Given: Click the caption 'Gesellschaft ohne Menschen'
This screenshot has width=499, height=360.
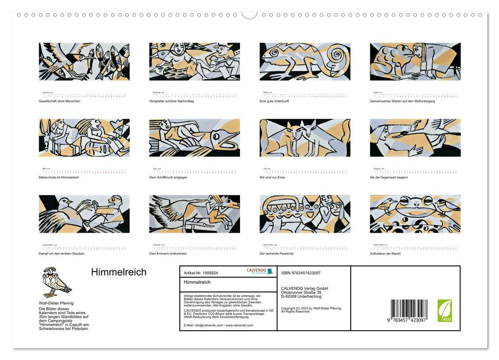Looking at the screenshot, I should click(60, 101).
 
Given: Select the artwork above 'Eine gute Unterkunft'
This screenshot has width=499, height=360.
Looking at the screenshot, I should click(305, 62).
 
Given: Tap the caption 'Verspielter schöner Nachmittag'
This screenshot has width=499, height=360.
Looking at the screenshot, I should click(171, 101).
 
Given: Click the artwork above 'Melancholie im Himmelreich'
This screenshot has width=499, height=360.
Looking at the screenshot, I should click(84, 138).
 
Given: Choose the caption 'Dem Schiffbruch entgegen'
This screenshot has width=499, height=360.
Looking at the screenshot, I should click(168, 177).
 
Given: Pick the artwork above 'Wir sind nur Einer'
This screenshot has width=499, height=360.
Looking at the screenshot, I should click(305, 138).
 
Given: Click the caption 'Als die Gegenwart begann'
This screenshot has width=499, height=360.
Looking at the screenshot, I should click(389, 177).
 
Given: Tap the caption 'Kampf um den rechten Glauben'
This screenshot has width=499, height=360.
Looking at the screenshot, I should click(62, 254).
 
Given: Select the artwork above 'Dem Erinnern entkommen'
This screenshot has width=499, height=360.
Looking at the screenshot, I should click(194, 214).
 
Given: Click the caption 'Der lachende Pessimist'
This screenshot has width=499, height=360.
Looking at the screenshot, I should click(276, 254).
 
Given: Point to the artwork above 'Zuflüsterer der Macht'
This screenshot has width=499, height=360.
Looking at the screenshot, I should click(415, 214).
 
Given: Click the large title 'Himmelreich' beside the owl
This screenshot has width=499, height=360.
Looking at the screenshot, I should click(119, 273).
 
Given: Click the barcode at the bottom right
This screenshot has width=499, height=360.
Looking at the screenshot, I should click(409, 311).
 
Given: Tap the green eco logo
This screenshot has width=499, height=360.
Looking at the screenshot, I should click(445, 311).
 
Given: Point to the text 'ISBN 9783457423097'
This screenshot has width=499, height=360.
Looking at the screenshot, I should click(301, 273).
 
